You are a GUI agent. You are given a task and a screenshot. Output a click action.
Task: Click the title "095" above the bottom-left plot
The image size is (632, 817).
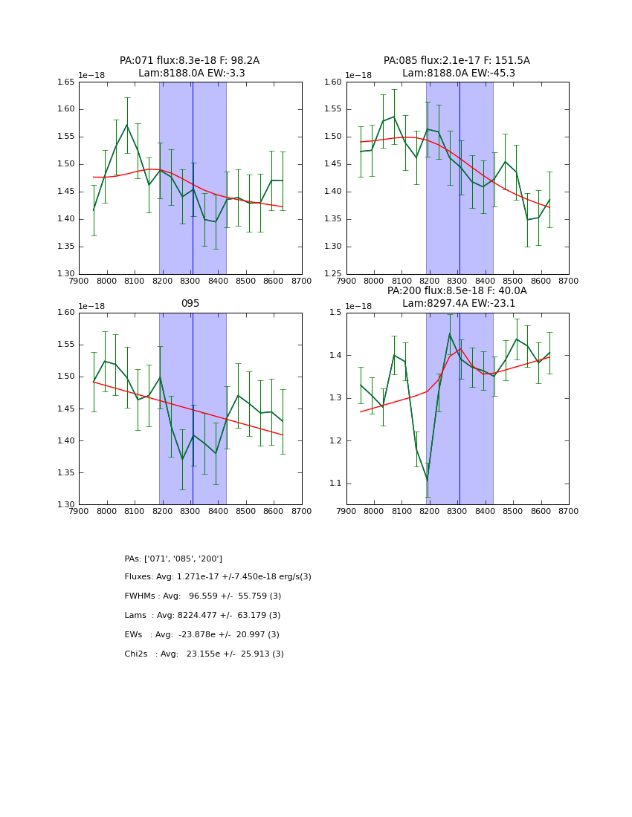190,303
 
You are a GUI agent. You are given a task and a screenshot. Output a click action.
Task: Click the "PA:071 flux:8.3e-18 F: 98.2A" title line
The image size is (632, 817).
190,60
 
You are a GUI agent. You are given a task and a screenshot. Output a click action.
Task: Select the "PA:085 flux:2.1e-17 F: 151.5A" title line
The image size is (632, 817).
457,60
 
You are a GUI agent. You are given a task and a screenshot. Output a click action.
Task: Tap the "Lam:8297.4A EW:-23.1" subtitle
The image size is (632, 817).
457,303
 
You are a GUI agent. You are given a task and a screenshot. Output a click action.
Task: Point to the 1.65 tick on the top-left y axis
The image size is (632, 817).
66,82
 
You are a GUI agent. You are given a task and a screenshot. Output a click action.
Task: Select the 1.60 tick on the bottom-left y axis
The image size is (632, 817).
66,313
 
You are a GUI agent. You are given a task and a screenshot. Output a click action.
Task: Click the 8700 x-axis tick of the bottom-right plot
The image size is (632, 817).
568,511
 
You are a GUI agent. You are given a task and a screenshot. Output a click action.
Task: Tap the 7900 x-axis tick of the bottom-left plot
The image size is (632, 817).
80,511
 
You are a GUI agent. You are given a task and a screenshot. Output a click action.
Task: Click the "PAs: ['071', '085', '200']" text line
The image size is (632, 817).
173,559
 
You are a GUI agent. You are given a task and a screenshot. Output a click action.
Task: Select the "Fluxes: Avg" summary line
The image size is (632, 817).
218,577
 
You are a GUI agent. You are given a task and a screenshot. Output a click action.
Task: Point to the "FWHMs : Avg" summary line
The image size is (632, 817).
203,596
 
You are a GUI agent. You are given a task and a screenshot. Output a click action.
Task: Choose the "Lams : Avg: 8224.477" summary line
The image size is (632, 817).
203,616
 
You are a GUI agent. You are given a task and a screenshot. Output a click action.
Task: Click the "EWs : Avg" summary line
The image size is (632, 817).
202,635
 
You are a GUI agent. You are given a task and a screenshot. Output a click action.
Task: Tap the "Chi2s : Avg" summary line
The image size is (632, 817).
204,654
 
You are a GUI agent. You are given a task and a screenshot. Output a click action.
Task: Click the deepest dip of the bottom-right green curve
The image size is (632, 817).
427,481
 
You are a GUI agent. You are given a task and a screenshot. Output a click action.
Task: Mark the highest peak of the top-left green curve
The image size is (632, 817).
127,125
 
